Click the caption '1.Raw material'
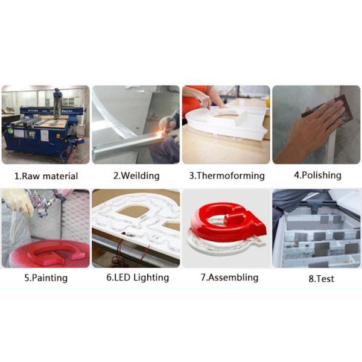[46, 176]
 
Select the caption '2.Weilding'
[136, 176]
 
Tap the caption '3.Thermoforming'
[227, 176]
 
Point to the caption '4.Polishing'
[317, 175]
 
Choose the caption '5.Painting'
[46, 278]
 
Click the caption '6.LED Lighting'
[138, 278]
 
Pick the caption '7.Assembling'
[229, 278]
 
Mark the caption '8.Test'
[322, 279]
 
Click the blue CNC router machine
[44, 129]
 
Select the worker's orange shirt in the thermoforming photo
[194, 100]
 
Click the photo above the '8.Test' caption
[316, 228]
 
